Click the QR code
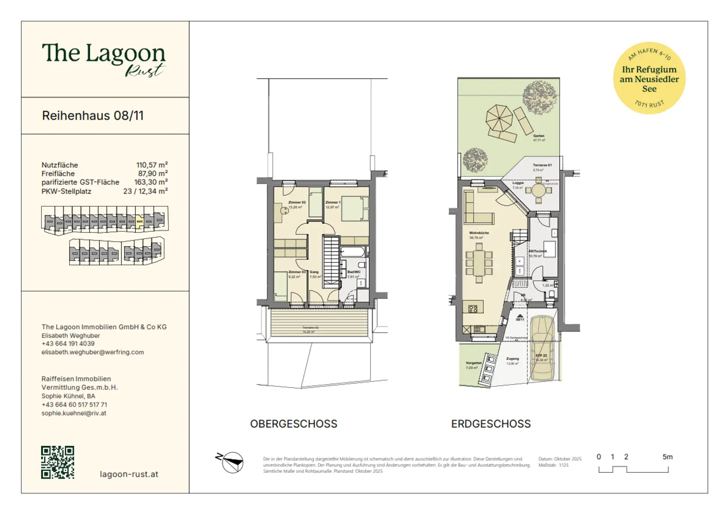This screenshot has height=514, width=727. point(58,462)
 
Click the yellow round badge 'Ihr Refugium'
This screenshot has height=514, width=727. point(649,78)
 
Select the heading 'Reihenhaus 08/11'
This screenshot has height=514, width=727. point(93,116)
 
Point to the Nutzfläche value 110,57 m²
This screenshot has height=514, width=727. point(151,165)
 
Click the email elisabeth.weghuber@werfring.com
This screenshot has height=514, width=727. point(93,352)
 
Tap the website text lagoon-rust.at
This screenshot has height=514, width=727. point(129,474)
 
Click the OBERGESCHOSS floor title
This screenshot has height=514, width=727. point(293,424)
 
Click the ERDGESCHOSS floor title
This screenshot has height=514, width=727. point(491,424)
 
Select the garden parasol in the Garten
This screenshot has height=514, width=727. point(499,117)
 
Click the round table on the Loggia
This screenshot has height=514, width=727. point(539,190)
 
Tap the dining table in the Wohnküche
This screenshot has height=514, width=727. point(479,263)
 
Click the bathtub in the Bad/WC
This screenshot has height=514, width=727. point(353,251)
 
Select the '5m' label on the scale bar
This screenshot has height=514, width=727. point(667,457)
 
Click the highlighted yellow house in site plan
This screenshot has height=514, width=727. point(139,221)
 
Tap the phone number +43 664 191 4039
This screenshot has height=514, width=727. point(68,344)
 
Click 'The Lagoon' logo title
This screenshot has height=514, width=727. point(103,53)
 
